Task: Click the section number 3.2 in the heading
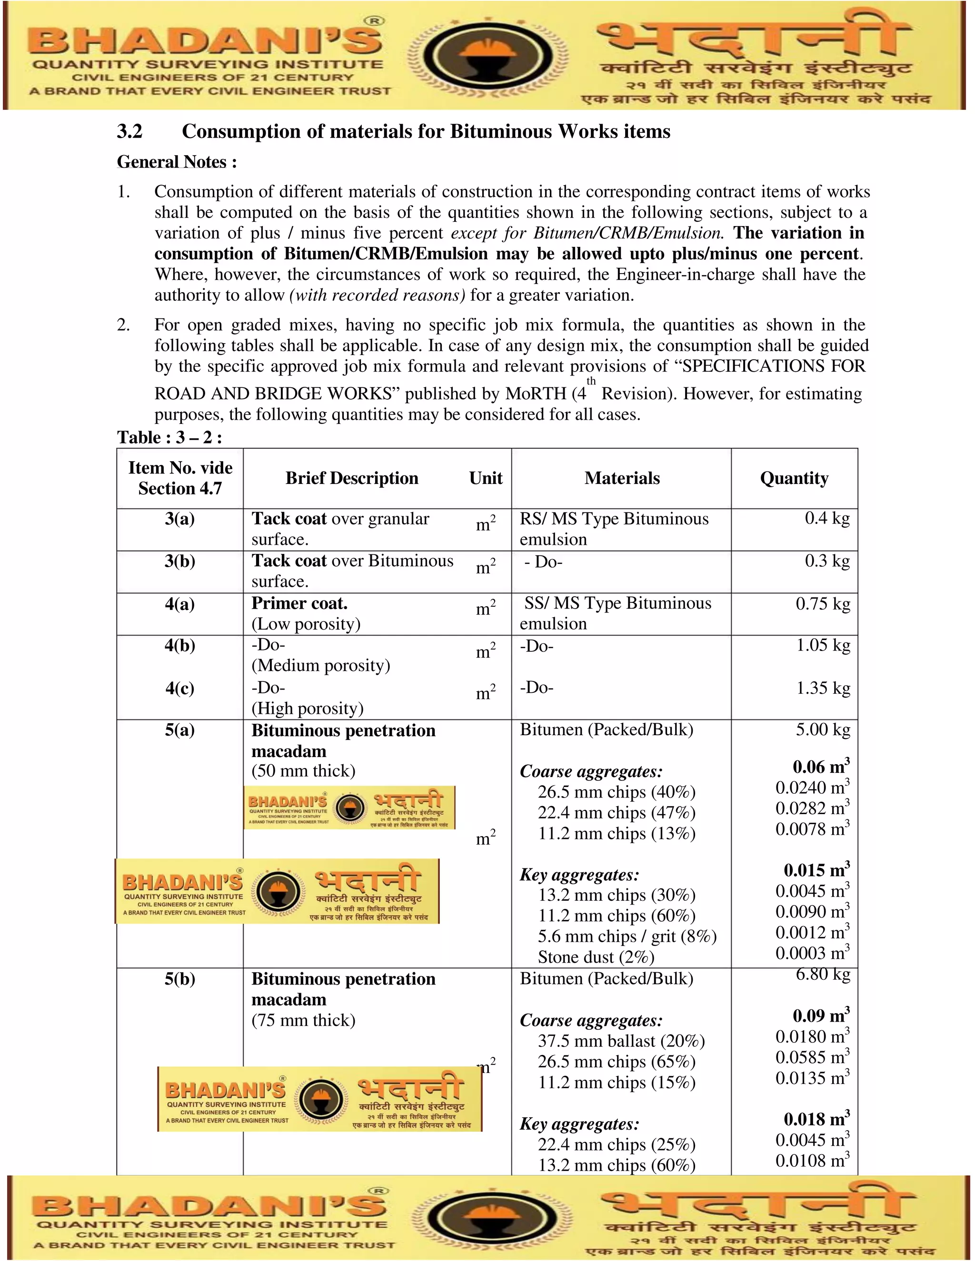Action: tap(129, 132)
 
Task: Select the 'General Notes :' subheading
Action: tap(177, 162)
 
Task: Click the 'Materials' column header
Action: tap(621, 478)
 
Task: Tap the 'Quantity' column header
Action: tap(794, 478)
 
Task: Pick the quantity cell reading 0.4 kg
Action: tap(826, 519)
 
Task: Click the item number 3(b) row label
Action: tap(179, 561)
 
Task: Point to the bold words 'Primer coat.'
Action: tap(299, 603)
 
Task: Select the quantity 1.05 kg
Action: tap(823, 646)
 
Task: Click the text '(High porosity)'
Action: tap(307, 709)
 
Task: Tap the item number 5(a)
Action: tap(179, 730)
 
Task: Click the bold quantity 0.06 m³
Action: tap(820, 767)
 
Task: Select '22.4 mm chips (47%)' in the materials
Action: tap(617, 813)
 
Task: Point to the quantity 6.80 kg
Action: tap(823, 975)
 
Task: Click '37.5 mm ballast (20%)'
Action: tap(621, 1041)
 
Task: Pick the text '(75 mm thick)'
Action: tap(303, 1020)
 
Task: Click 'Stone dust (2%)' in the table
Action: tap(596, 957)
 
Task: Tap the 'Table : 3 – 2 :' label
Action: tap(169, 437)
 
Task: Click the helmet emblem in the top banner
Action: tap(487, 55)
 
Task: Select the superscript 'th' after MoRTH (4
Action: tap(591, 381)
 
